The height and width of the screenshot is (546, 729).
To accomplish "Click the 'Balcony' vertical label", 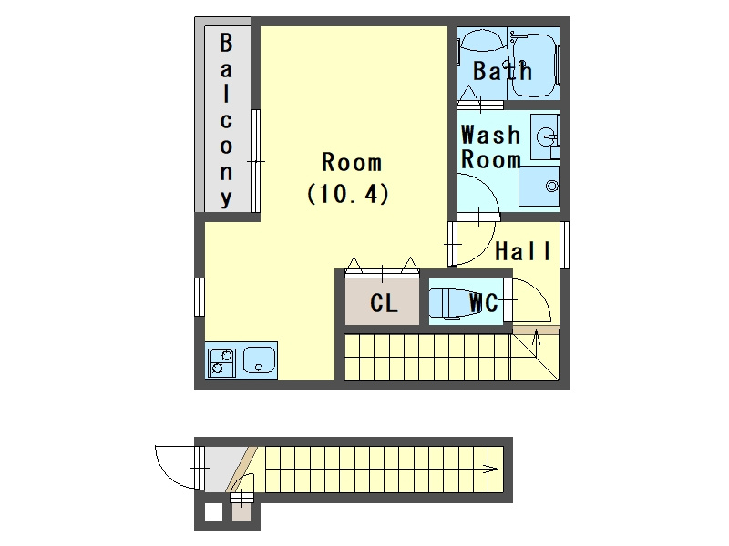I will tap(226, 119).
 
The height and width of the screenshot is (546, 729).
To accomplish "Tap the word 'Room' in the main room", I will tap(352, 163).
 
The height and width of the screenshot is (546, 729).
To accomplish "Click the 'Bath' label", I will tap(502, 71).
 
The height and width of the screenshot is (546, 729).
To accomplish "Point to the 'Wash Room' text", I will tap(490, 147).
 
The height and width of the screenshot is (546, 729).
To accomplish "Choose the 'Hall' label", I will tap(523, 252).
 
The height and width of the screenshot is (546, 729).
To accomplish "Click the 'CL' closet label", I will tap(384, 303).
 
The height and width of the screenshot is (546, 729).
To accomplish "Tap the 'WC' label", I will tap(483, 303).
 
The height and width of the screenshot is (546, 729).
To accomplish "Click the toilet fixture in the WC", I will tap(447, 303).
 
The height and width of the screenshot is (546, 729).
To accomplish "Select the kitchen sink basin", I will tap(259, 361).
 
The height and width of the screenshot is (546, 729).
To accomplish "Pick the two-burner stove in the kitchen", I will tap(221, 361).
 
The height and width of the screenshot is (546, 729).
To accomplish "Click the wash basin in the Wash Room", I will tap(546, 137).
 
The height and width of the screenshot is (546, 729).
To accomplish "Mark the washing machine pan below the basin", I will tap(539, 187).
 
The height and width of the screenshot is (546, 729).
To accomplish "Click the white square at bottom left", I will tap(212, 512).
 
